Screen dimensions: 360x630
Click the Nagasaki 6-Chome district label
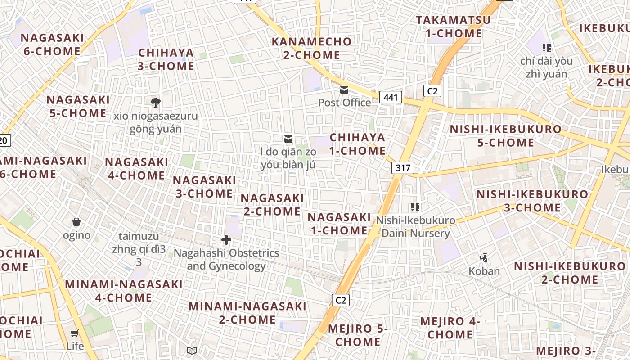(52, 45)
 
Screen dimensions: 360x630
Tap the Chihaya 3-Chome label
(166, 59)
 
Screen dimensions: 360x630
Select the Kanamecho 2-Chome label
(312, 49)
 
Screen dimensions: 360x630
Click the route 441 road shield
(390, 97)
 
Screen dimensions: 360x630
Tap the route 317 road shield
(403, 168)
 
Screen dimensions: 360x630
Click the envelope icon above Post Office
(344, 90)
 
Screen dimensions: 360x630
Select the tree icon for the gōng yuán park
(156, 103)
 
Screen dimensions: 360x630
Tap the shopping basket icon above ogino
(76, 222)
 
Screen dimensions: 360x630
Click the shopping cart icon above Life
(75, 333)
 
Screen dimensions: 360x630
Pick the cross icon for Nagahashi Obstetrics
(226, 240)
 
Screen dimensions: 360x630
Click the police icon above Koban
(484, 258)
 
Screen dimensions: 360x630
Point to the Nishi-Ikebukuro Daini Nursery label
(415, 227)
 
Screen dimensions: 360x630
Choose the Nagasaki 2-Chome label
(272, 205)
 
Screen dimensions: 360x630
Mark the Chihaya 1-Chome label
(357, 144)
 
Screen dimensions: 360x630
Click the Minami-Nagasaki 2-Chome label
(247, 313)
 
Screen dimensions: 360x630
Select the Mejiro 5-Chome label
(358, 335)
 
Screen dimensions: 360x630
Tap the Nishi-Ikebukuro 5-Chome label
(506, 136)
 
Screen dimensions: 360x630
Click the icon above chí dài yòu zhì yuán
(547, 47)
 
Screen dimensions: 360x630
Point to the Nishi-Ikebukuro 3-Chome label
(532, 201)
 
